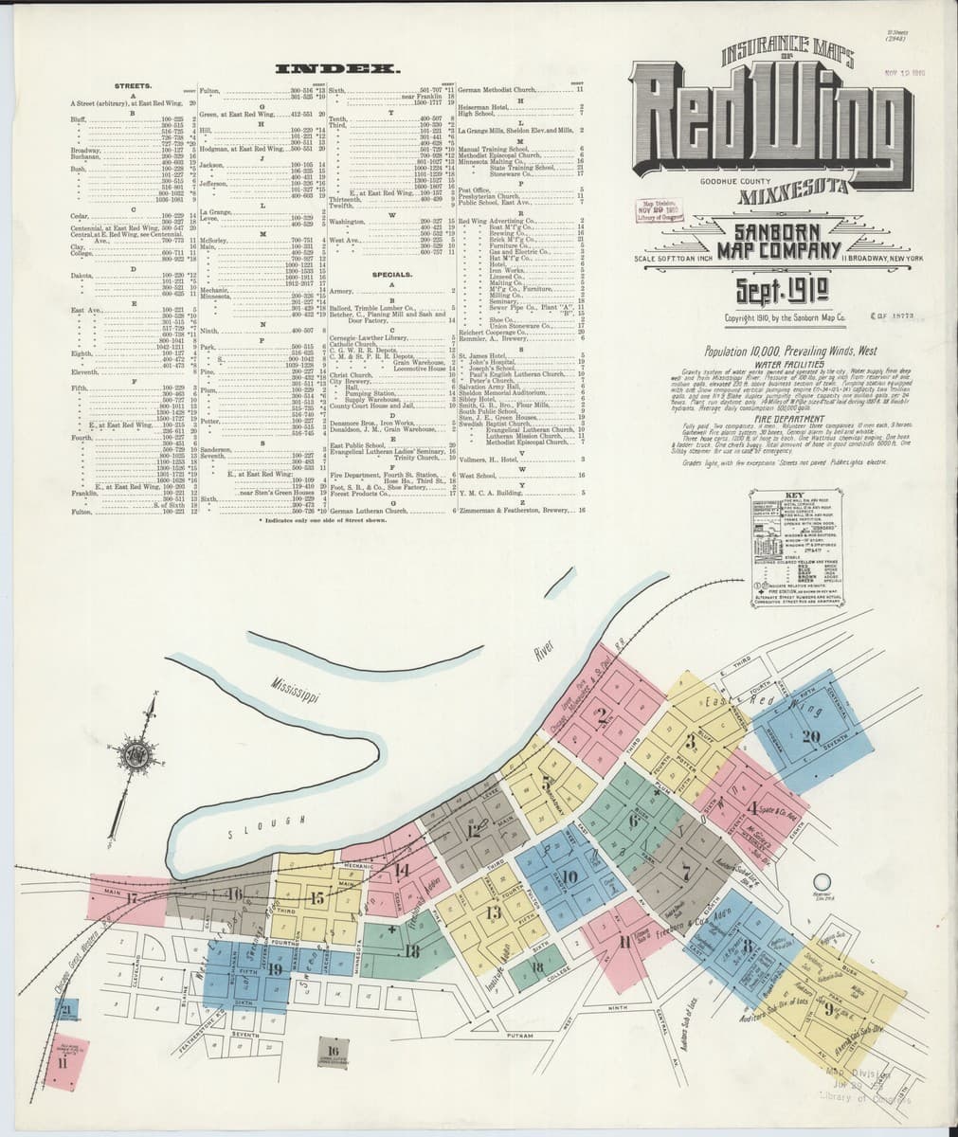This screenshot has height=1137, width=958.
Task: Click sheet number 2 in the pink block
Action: pyautogui.click(x=603, y=716)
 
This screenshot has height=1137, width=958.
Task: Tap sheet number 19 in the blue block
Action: pyautogui.click(x=275, y=968)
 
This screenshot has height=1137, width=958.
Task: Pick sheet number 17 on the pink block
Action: pyautogui.click(x=134, y=897)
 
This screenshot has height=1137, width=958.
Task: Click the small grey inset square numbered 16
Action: pyautogui.click(x=332, y=1053)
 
